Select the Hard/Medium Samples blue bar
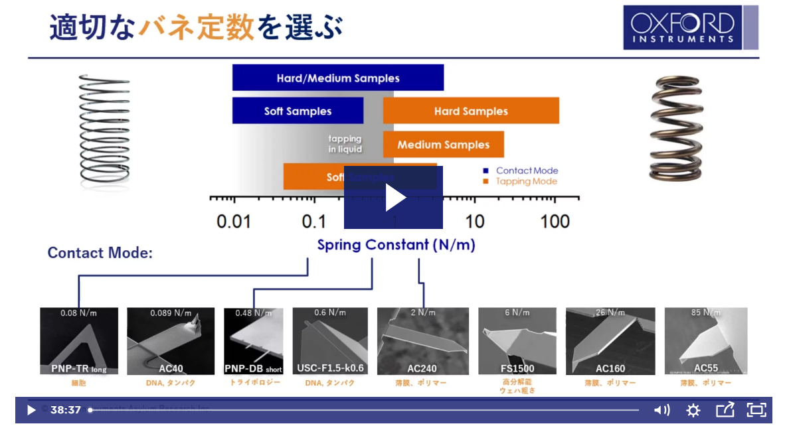pyautogui.click(x=337, y=78)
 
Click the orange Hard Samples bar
pyautogui.click(x=471, y=111)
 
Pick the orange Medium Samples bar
pyautogui.click(x=443, y=145)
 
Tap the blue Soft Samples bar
pyautogui.click(x=298, y=111)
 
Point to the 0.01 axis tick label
pyautogui.click(x=234, y=221)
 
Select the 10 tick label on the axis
pyautogui.click(x=475, y=221)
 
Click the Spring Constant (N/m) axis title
pyautogui.click(x=396, y=245)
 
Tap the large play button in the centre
pyautogui.click(x=393, y=198)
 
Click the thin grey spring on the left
pyautogui.click(x=104, y=129)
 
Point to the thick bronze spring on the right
pyautogui.click(x=675, y=129)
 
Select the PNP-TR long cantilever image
pyautogui.click(x=79, y=340)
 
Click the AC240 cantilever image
pyautogui.click(x=422, y=340)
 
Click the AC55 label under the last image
pyautogui.click(x=706, y=368)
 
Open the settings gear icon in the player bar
pyautogui.click(x=693, y=410)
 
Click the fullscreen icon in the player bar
pyautogui.click(x=756, y=410)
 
